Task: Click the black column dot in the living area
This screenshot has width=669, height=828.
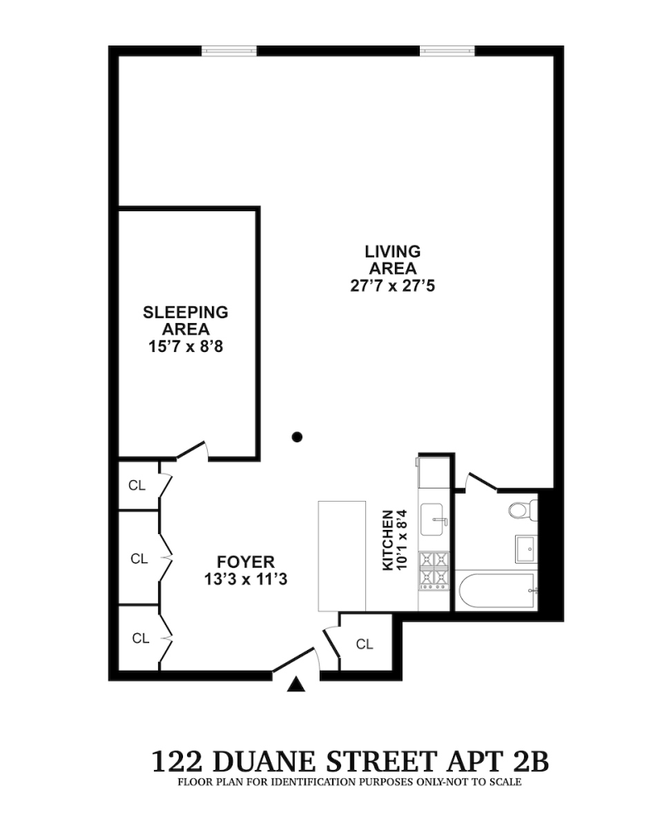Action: coord(297,436)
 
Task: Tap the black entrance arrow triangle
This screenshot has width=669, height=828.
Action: coord(296,684)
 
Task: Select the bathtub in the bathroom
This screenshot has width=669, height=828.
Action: coord(498,591)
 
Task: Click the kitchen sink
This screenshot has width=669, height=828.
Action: coord(432,520)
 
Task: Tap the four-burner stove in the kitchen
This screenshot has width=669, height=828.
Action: coord(434,570)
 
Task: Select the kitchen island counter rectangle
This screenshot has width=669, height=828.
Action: coord(342,556)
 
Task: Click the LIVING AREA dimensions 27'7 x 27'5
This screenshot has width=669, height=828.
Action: coord(392,286)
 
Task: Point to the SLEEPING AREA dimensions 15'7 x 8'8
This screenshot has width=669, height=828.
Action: coord(185,347)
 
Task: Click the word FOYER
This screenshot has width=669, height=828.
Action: coord(246,562)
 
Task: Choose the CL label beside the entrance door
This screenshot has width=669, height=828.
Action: coord(364,644)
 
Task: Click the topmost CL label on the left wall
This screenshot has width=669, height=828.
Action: coord(137,485)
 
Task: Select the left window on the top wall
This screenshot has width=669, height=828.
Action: coord(229,51)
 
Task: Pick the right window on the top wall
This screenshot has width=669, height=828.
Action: coord(447,51)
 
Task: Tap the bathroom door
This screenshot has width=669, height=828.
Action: coord(481,481)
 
